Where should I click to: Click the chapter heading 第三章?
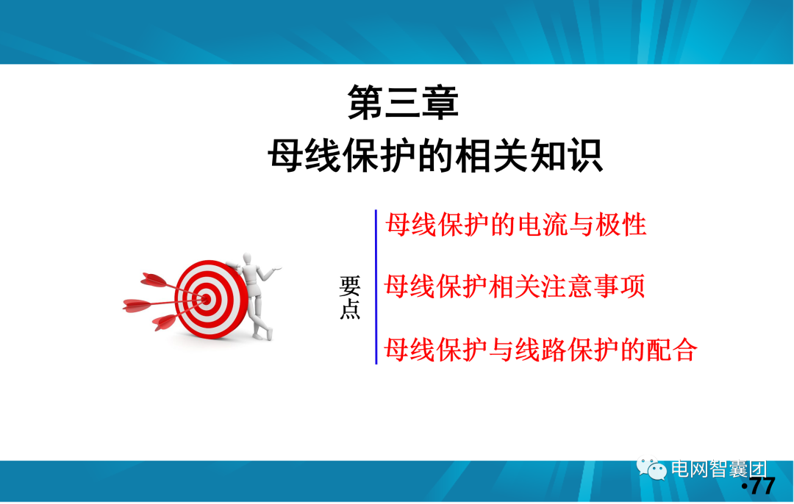[403, 103]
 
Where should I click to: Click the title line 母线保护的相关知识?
[435, 156]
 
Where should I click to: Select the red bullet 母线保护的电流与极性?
[516, 224]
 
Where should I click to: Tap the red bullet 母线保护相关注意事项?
[515, 286]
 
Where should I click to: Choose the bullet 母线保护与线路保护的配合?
[540, 349]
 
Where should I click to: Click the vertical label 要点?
[350, 298]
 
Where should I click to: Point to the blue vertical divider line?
[376, 287]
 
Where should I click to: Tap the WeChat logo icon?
[651, 468]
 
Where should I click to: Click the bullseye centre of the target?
[207, 299]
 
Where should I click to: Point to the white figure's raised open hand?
[278, 270]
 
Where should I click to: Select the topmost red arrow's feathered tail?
[151, 279]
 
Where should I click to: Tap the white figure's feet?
[262, 334]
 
